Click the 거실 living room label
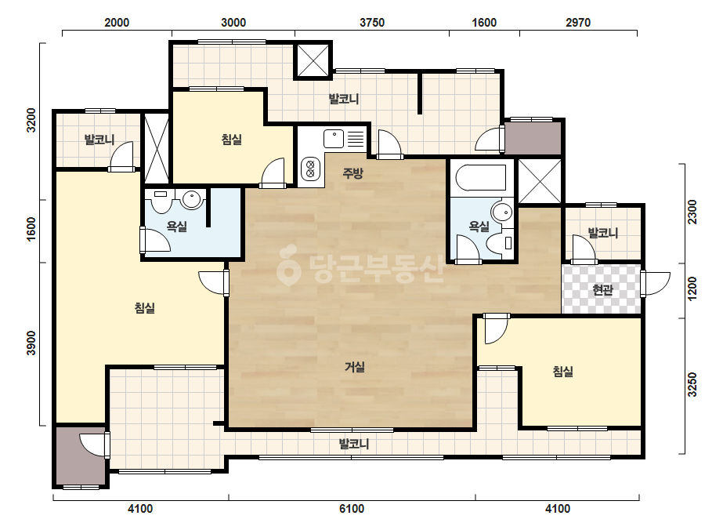pyautogui.click(x=355, y=367)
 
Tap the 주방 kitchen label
pyautogui.click(x=352, y=173)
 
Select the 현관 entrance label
pyautogui.click(x=602, y=290)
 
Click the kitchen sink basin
pyautogui.click(x=334, y=139)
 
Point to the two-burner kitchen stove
pyautogui.click(x=310, y=169)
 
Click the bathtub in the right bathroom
pyautogui.click(x=480, y=178)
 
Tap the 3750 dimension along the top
pyautogui.click(x=371, y=23)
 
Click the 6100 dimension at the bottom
pyautogui.click(x=352, y=509)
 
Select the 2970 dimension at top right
pyautogui.click(x=578, y=23)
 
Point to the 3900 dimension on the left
pyautogui.click(x=31, y=343)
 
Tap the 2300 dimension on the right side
pyautogui.click(x=692, y=212)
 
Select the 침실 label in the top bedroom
pyautogui.click(x=232, y=140)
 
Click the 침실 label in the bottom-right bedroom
pyautogui.click(x=563, y=371)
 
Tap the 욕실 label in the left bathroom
pyautogui.click(x=176, y=227)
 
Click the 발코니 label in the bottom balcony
pyautogui.click(x=354, y=444)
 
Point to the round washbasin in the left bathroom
pyautogui.click(x=191, y=199)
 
